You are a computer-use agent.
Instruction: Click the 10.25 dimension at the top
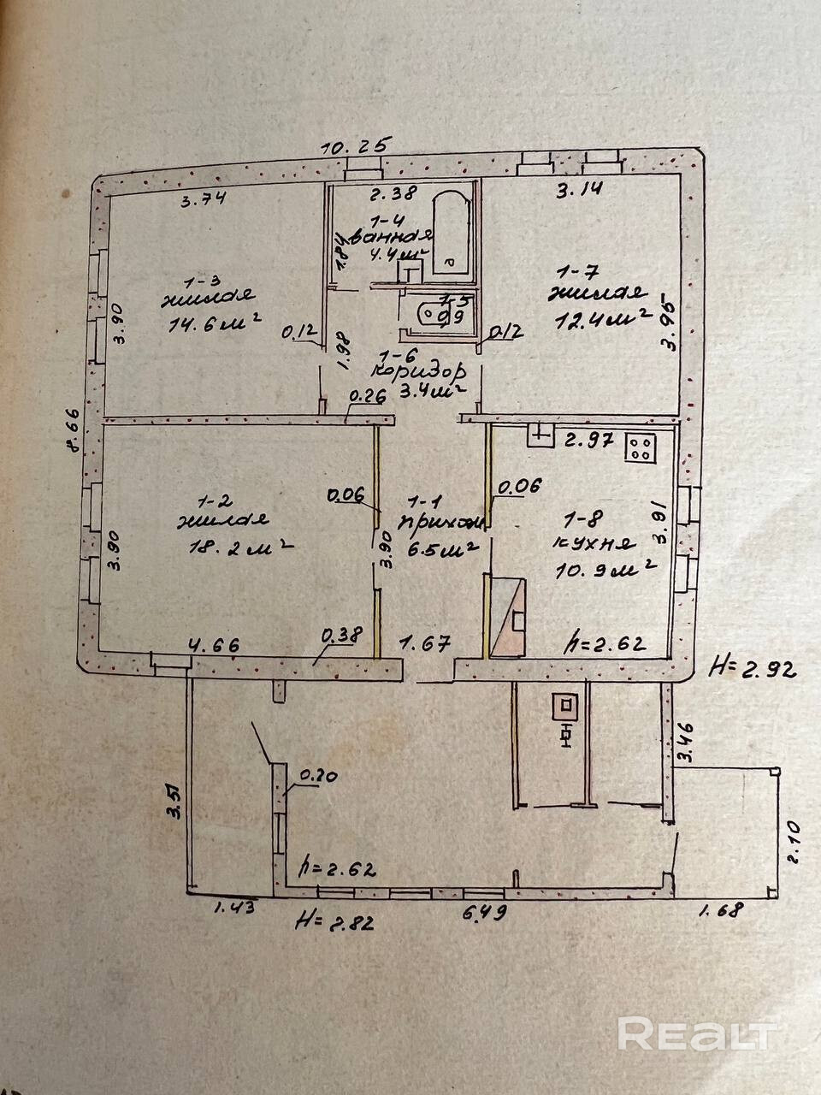355,145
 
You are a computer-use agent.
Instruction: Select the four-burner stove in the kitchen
641,447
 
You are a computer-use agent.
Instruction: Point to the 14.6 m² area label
210,326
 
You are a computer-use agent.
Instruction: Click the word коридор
420,372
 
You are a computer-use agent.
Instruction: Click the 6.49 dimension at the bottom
485,912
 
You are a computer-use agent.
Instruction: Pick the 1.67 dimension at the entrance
425,644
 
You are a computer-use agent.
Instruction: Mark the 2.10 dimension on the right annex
793,843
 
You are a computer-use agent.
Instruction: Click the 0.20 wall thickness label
317,777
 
